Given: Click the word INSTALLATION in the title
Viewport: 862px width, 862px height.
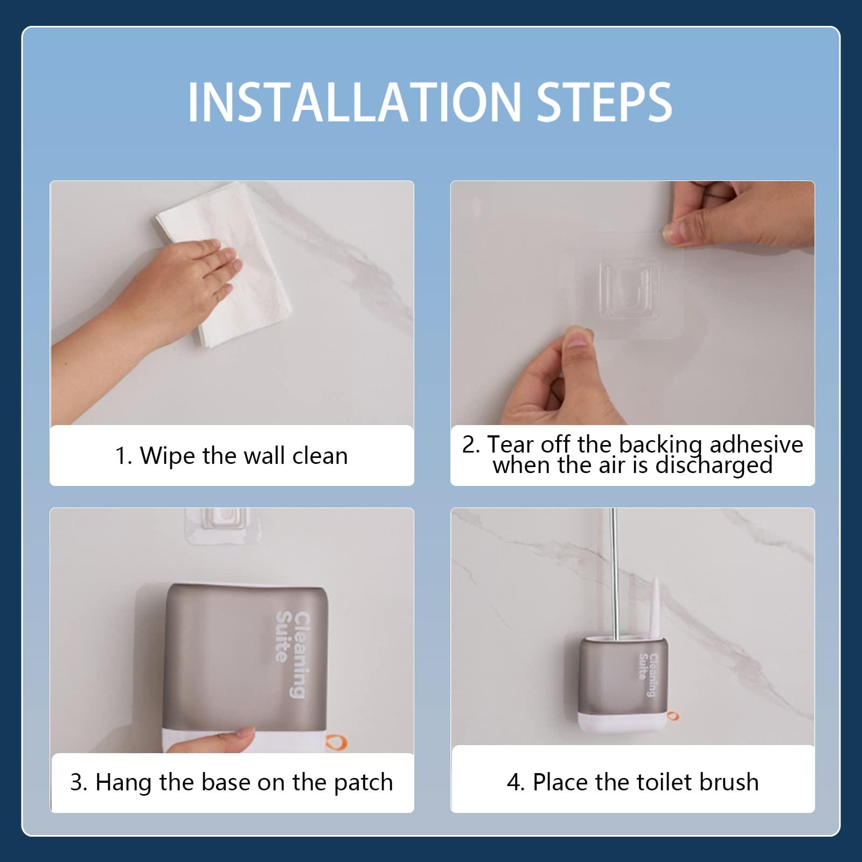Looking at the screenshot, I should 352,102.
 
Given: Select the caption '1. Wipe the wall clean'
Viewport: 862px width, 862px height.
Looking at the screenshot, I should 232,456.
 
